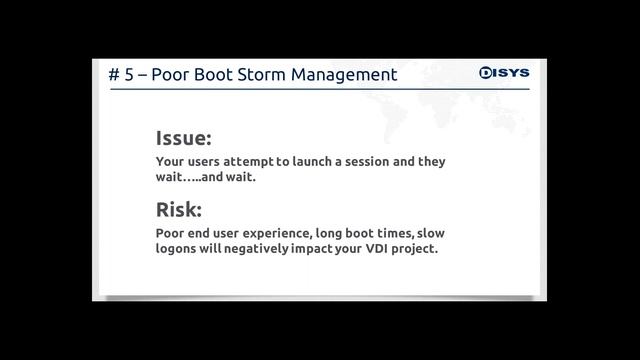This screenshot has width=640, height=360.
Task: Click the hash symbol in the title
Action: click(114, 75)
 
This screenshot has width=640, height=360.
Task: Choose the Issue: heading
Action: click(183, 139)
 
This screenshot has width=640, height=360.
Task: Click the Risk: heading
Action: click(178, 210)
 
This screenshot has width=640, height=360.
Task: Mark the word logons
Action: click(178, 248)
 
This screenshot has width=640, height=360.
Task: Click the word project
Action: click(419, 248)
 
